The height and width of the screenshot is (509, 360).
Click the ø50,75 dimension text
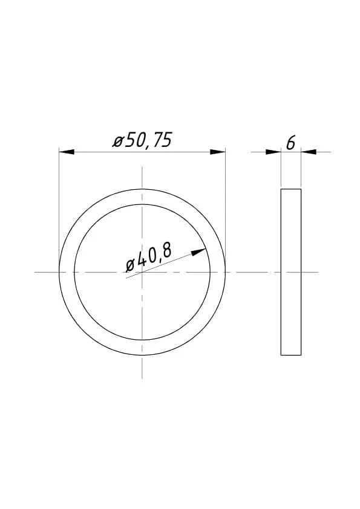[142, 140]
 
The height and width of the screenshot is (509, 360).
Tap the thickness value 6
[291, 143]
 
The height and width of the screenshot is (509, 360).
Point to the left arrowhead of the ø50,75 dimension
[67, 152]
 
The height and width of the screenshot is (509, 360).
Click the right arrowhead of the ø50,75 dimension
[218, 152]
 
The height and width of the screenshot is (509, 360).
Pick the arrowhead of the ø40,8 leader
[198, 252]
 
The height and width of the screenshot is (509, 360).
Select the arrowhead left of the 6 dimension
[273, 152]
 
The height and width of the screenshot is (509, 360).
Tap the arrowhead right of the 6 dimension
[309, 152]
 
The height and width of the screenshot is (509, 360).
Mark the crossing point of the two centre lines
[142, 272]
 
